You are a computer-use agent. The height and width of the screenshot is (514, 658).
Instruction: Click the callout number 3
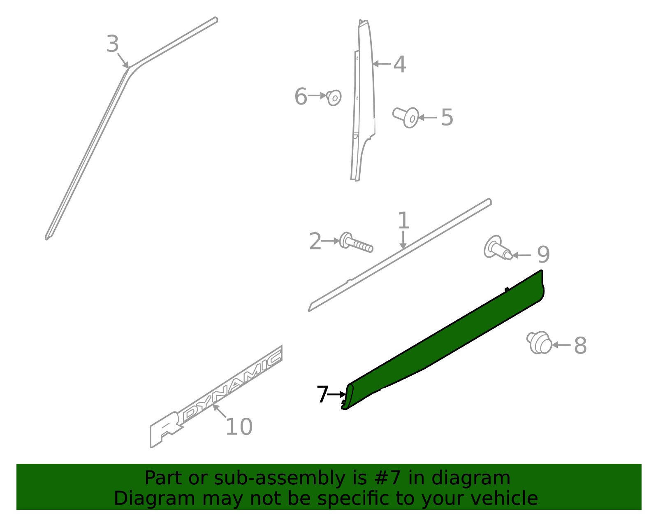[x=112, y=44]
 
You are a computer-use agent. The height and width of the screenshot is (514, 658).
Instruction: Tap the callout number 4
[x=399, y=64]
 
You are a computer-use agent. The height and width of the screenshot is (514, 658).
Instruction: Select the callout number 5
[x=447, y=117]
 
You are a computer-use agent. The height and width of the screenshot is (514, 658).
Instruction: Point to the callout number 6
[x=301, y=96]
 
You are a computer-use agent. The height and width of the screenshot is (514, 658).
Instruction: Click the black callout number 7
[x=322, y=394]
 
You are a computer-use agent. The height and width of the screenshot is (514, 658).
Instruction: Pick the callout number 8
[x=580, y=345]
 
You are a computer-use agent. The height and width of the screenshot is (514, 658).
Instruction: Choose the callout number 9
[x=543, y=254]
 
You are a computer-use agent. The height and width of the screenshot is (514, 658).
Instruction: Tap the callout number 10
[x=239, y=427]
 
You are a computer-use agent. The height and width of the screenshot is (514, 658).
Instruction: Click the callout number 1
[x=403, y=221]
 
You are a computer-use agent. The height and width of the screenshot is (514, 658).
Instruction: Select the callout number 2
[x=315, y=242]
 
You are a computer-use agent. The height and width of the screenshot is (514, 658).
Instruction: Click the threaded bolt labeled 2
[x=356, y=242]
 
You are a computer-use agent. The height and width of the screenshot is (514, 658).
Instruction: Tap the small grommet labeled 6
[x=334, y=98]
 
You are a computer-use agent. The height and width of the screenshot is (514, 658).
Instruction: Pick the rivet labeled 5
[x=406, y=118]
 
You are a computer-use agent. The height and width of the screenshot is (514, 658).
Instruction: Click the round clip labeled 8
[x=539, y=342]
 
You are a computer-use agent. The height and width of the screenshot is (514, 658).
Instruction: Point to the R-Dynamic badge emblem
[x=216, y=397]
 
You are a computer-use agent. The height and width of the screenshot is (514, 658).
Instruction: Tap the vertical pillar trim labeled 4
[x=364, y=100]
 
